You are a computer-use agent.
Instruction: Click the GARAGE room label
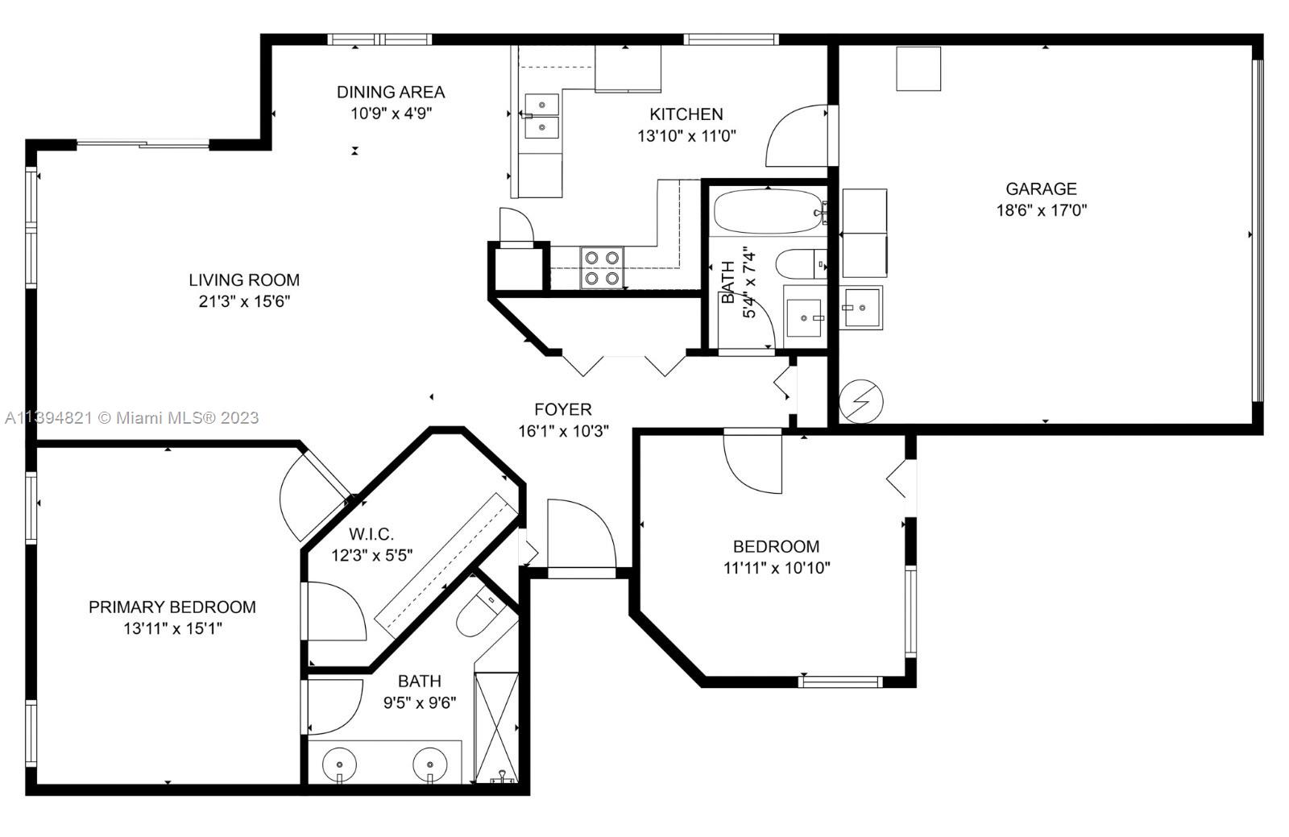[1041, 189]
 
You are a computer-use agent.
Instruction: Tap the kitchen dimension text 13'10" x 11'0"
[686, 136]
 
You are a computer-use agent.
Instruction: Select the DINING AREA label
[391, 92]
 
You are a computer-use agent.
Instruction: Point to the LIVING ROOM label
[244, 280]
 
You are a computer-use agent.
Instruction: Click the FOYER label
[563, 409]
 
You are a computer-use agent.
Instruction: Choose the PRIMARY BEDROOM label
[172, 607]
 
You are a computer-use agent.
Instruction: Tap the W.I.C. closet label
[371, 534]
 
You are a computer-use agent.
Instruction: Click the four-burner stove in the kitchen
[602, 267]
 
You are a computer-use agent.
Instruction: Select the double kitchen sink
[541, 117]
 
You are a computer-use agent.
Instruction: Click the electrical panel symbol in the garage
[861, 401]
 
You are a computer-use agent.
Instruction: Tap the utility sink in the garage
[861, 308]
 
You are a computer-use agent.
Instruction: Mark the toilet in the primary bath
[481, 615]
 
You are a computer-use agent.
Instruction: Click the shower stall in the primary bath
[496, 727]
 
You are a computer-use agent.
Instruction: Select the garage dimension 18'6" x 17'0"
[1042, 210]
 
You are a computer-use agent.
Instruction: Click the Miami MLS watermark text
[132, 417]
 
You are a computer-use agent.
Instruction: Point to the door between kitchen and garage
[797, 136]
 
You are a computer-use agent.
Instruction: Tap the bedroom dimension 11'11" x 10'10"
[777, 568]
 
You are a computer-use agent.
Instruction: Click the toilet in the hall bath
[801, 264]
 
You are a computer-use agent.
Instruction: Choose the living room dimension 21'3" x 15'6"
[245, 301]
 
